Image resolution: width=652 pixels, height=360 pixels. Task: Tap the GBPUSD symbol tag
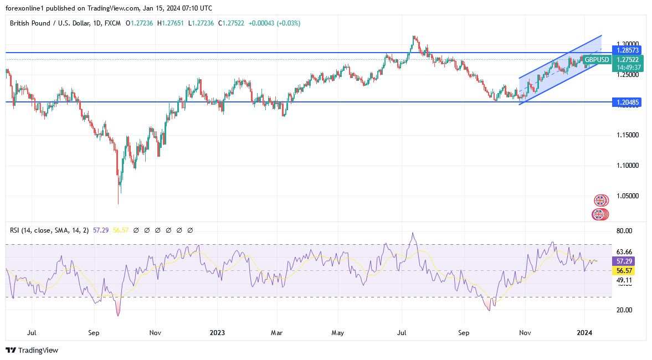[597, 60]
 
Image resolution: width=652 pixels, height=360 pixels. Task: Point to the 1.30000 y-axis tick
[627, 43]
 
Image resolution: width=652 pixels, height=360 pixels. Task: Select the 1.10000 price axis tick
[627, 166]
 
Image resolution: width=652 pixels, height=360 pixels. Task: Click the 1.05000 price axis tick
[627, 196]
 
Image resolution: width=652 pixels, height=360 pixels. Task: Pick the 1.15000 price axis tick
[627, 135]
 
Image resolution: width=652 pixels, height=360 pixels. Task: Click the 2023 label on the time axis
[217, 333]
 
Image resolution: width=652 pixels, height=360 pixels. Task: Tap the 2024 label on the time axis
[585, 333]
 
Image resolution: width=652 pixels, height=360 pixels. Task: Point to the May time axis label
[338, 333]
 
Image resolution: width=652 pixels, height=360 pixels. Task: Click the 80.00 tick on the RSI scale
[624, 230]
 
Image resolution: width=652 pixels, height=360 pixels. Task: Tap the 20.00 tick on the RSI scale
[624, 310]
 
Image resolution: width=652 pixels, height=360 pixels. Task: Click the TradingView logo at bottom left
[32, 351]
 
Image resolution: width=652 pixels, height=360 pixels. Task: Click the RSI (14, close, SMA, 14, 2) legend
[47, 230]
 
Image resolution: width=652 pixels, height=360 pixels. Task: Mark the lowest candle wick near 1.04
[119, 203]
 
